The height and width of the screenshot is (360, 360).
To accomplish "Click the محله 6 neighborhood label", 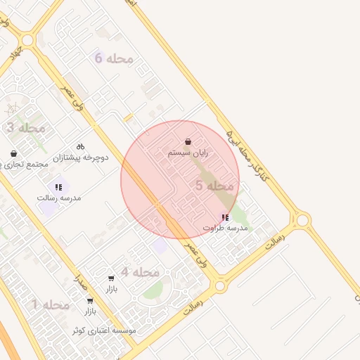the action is pyautogui.click(x=114, y=58).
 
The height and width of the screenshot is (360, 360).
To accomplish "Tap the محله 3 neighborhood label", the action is pyautogui.click(x=25, y=128).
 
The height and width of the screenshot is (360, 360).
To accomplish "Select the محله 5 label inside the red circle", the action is pyautogui.click(x=214, y=186).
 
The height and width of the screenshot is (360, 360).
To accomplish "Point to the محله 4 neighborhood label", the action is pyautogui.click(x=140, y=272).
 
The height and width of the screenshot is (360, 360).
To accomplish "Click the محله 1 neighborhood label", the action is pyautogui.click(x=51, y=304).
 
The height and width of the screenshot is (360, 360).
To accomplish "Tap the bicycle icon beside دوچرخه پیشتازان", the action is pyautogui.click(x=80, y=146).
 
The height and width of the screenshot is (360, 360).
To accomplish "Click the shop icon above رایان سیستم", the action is pyautogui.click(x=188, y=141).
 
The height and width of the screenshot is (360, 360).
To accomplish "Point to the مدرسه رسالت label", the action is pyautogui.click(x=59, y=198).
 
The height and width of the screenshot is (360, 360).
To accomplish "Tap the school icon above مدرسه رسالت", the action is pyautogui.click(x=58, y=187).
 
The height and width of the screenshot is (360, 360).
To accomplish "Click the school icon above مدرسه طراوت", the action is pyautogui.click(x=224, y=218).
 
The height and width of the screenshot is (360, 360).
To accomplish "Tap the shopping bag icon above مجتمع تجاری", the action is pyautogui.click(x=14, y=153).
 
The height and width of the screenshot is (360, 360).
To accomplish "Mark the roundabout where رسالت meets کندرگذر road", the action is pyautogui.click(x=303, y=221).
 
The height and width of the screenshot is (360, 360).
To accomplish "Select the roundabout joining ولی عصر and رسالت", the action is pyautogui.click(x=220, y=286).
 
